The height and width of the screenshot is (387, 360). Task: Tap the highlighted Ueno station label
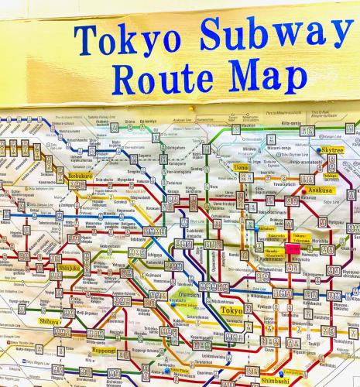(x=242, y=166)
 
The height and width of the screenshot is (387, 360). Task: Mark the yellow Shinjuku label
(x=69, y=269)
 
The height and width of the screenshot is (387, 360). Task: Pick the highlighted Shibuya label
(x=50, y=320)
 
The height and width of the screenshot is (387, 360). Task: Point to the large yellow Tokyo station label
(x=231, y=310)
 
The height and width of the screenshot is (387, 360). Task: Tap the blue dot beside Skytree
(x=319, y=151)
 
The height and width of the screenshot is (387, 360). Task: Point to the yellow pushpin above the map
(x=191, y=111)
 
